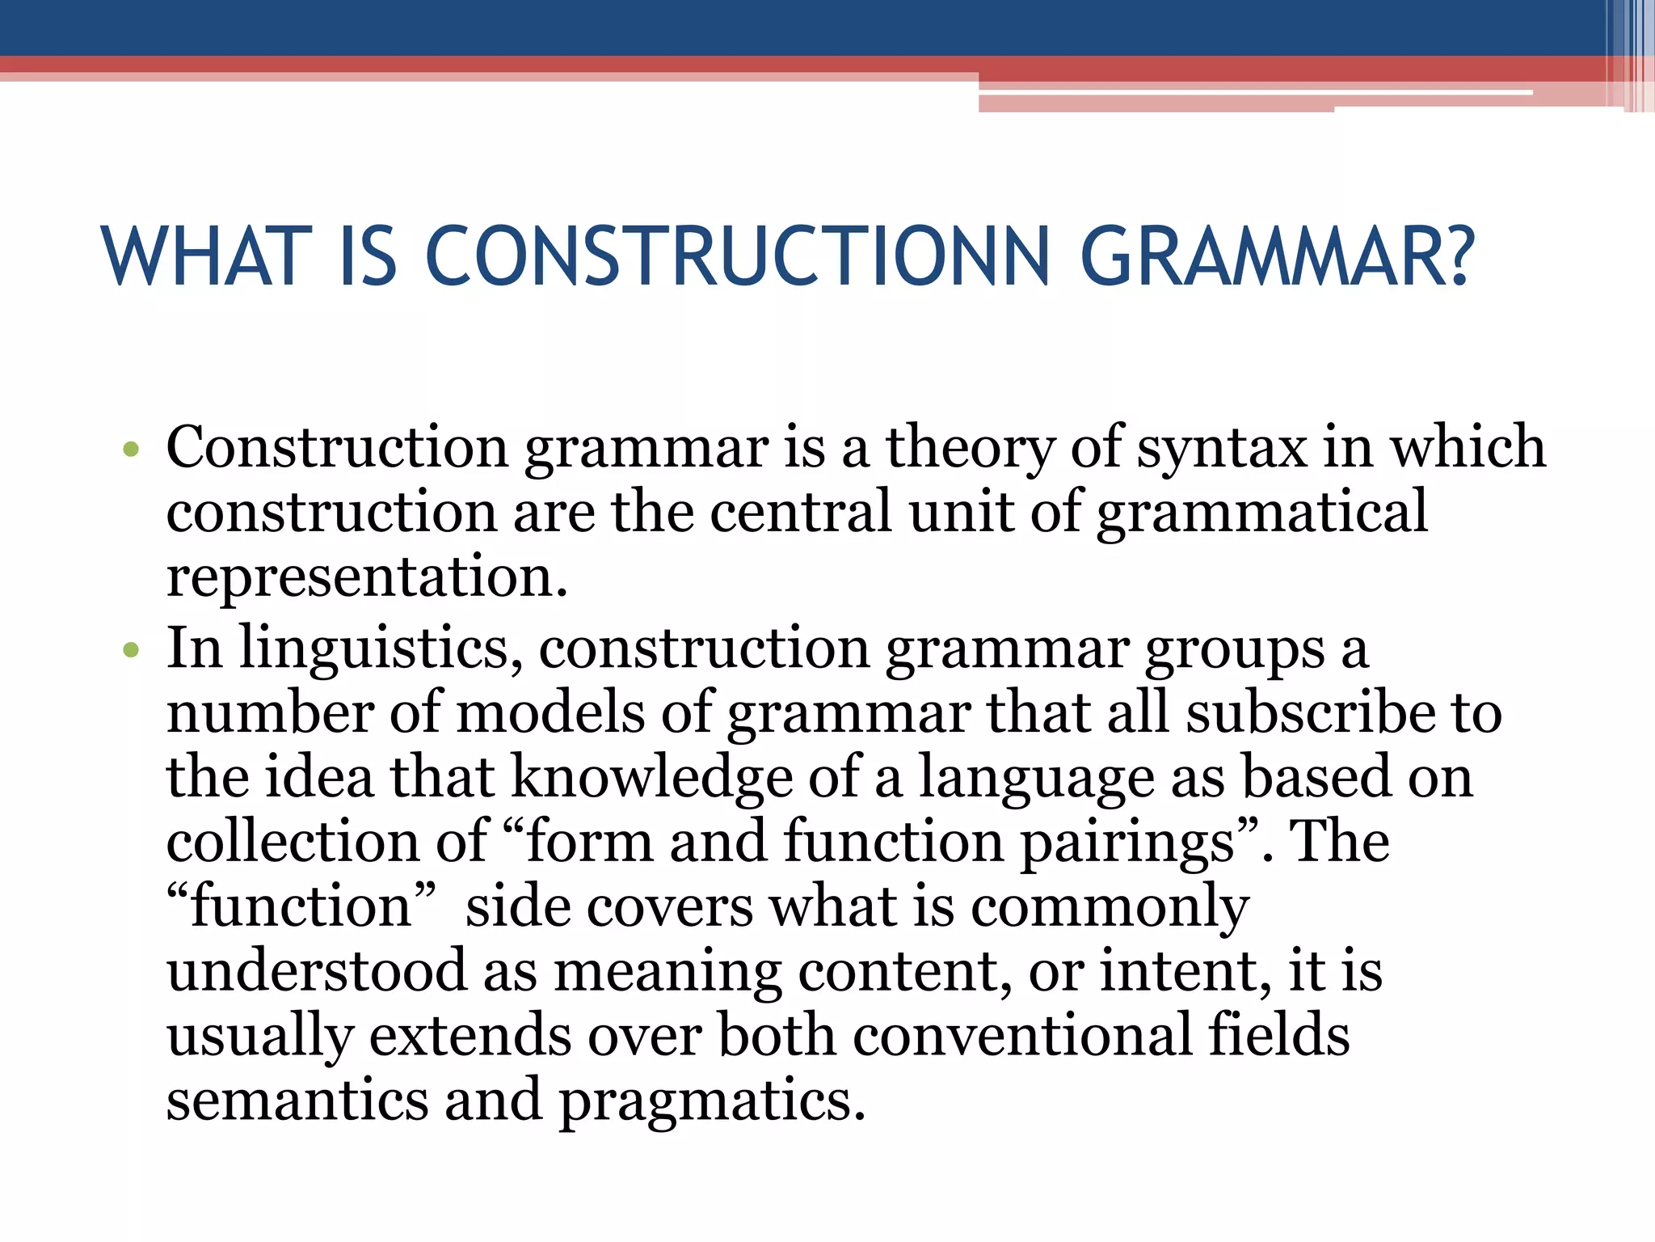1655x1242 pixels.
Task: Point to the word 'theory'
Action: tap(971, 448)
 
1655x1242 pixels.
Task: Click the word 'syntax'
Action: tap(1221, 448)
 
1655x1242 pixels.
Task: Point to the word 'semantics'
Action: tap(297, 1100)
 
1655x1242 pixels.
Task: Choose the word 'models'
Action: tap(550, 713)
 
